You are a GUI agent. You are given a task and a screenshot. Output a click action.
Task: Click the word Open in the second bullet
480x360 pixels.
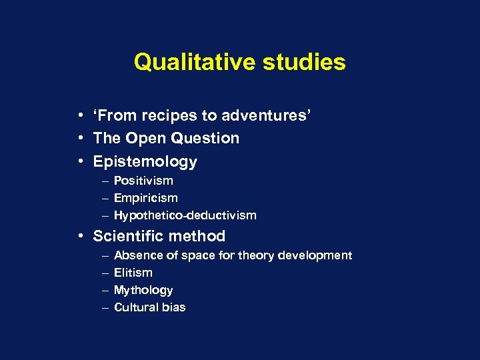coord(147,139)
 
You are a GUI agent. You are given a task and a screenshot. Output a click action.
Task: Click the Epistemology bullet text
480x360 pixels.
coord(145,162)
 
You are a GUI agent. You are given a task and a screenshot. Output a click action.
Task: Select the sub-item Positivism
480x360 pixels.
coord(143,181)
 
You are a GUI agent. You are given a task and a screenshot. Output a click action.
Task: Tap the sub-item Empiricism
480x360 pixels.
coord(146,198)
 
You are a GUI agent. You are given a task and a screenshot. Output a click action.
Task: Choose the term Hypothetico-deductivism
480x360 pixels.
coord(185,215)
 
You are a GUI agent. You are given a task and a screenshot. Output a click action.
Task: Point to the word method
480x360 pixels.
coord(199,236)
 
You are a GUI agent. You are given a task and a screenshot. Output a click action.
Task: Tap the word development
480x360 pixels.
coord(315,255)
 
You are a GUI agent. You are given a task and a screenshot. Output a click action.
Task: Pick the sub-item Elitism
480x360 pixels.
coord(133,273)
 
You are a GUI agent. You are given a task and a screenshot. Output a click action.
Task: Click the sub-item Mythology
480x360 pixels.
coord(143,290)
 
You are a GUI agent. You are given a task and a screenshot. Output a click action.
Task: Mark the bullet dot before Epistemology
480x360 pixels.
coord(79,162)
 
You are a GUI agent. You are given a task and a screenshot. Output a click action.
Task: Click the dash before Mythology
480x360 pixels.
coord(106,290)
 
